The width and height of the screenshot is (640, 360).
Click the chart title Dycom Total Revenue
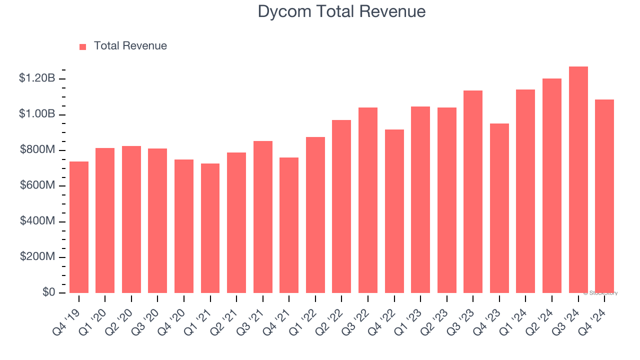coord(341,11)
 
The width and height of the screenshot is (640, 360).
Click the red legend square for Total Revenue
coord(83,46)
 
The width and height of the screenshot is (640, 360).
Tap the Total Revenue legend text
coord(130,46)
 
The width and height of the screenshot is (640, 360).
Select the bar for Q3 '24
coord(578,180)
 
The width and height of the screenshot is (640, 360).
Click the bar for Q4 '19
coord(79,227)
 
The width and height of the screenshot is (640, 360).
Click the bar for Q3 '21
coord(263,217)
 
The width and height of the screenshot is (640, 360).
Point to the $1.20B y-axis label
coord(37,78)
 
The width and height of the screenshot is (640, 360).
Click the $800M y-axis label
coord(37,149)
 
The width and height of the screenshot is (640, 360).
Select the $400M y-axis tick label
coord(37,221)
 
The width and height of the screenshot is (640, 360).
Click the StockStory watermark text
coord(600,293)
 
